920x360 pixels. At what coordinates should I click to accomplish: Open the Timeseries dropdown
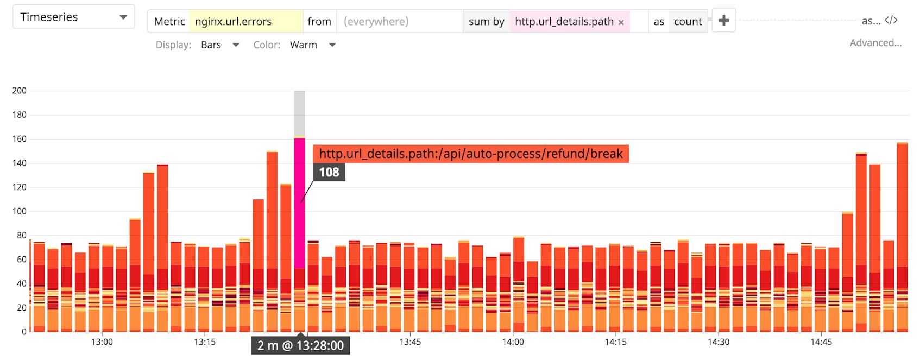[x=73, y=17]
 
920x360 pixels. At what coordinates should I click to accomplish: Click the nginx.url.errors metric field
[x=245, y=21]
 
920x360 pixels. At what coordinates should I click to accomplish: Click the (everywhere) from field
[x=399, y=21]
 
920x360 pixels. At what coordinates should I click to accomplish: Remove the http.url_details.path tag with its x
[x=621, y=22]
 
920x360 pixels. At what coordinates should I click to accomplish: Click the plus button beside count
[x=723, y=21]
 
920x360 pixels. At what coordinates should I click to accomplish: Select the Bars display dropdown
[x=219, y=45]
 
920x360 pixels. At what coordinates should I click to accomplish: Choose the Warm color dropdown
[x=312, y=45]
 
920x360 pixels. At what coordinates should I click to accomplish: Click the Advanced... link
[x=875, y=43]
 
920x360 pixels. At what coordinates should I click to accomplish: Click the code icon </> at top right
[x=891, y=21]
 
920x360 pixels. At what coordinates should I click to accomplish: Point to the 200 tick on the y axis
[x=19, y=91]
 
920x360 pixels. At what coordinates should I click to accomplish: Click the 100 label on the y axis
[x=19, y=211]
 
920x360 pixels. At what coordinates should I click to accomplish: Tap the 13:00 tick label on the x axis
[x=102, y=342]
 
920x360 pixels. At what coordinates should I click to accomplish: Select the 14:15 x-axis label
[x=615, y=342]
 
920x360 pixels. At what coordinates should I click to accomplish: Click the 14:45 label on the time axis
[x=821, y=342]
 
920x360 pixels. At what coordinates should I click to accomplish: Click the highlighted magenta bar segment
[x=299, y=201]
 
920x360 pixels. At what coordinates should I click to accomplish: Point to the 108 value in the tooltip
[x=329, y=173]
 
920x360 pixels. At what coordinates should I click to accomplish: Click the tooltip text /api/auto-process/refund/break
[x=470, y=154]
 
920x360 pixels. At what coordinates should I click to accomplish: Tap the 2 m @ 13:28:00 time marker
[x=300, y=346]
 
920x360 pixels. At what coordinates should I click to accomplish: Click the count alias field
[x=688, y=21]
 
